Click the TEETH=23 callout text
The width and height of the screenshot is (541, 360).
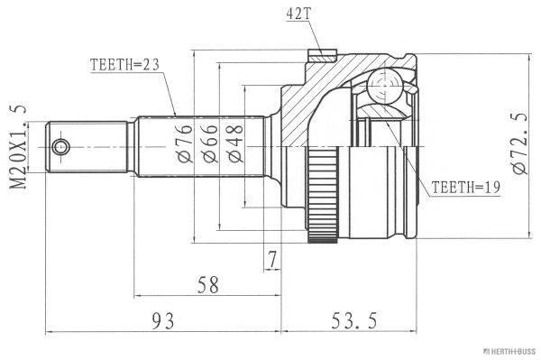click(124, 65)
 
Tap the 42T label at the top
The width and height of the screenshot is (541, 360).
click(298, 14)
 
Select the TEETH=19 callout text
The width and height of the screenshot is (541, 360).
click(465, 187)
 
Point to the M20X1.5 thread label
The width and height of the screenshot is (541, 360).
click(18, 147)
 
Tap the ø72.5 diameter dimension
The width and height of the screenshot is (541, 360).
click(519, 143)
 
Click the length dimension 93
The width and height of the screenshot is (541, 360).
click(163, 320)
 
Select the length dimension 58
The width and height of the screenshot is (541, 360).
click(208, 285)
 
